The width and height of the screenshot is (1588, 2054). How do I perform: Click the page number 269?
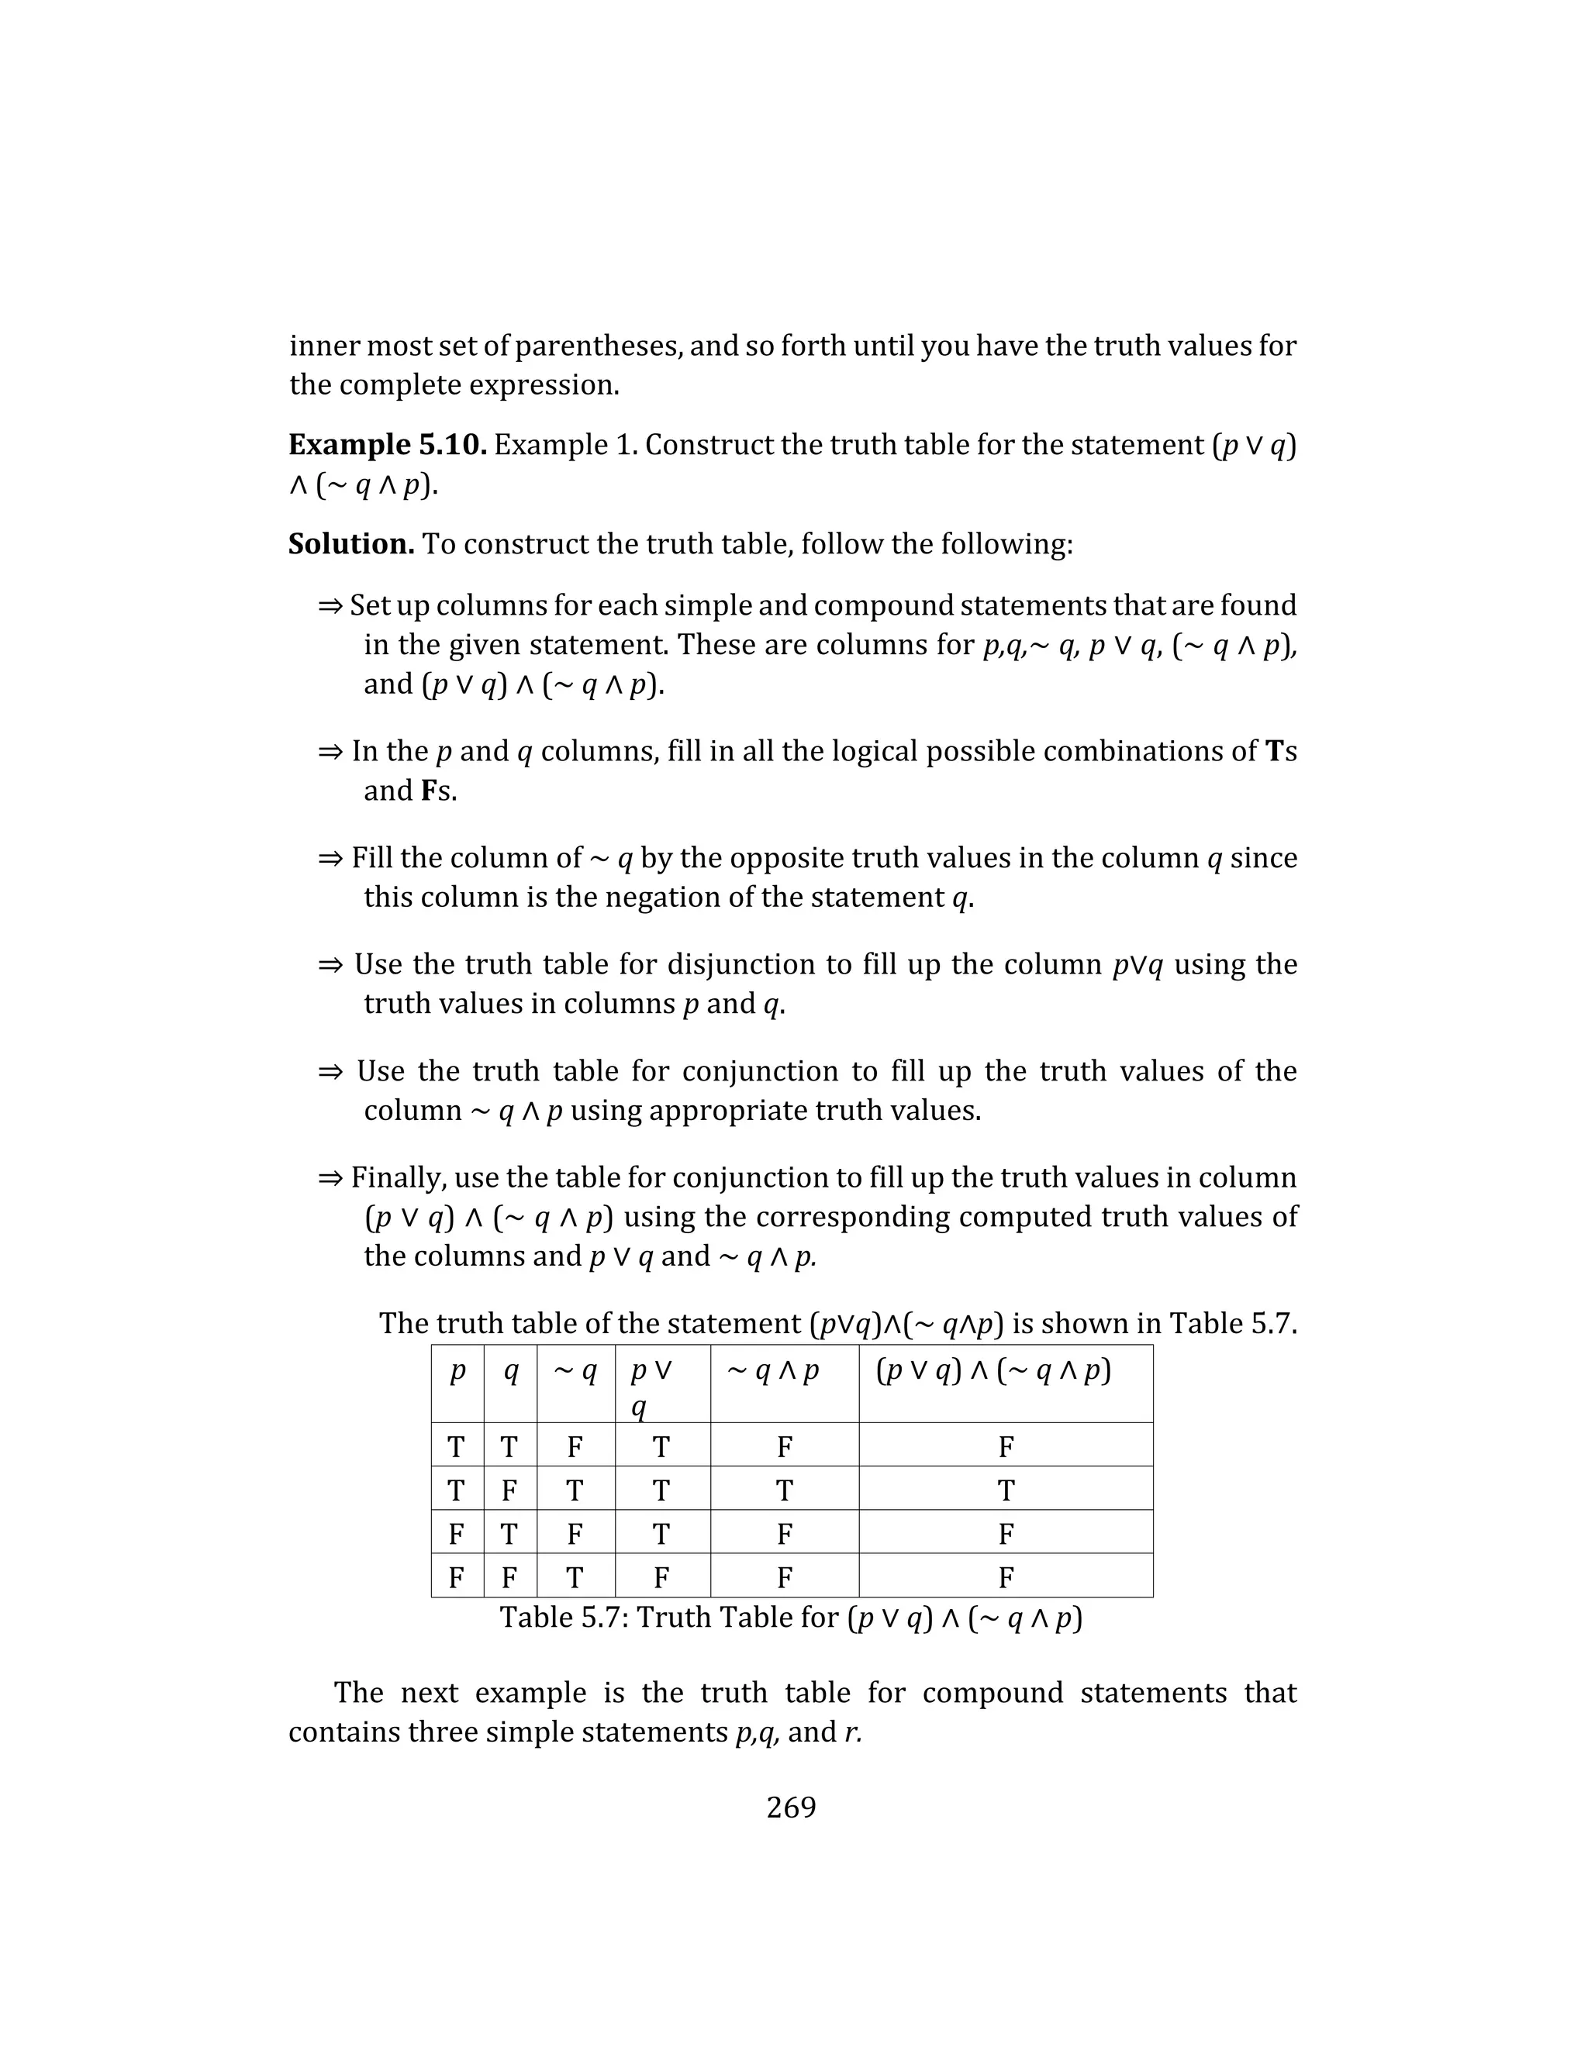[x=791, y=1807]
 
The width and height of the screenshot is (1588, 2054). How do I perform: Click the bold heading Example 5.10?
[x=387, y=444]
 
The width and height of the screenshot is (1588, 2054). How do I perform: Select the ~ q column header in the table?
[x=575, y=1372]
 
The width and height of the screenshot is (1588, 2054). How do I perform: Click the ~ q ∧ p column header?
[x=772, y=1372]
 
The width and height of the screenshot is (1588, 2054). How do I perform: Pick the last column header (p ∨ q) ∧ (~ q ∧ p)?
[x=993, y=1372]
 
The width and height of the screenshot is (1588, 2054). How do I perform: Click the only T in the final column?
[x=1006, y=1491]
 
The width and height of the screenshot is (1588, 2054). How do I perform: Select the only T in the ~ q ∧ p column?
[x=784, y=1491]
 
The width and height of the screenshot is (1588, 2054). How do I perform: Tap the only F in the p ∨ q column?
[x=661, y=1577]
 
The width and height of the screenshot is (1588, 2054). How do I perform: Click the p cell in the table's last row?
[x=456, y=1577]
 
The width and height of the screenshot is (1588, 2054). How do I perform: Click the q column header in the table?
[x=510, y=1372]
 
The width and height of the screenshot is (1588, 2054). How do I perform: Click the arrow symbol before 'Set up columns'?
[x=330, y=605]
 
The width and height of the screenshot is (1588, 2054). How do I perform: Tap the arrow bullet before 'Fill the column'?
[x=330, y=859]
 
